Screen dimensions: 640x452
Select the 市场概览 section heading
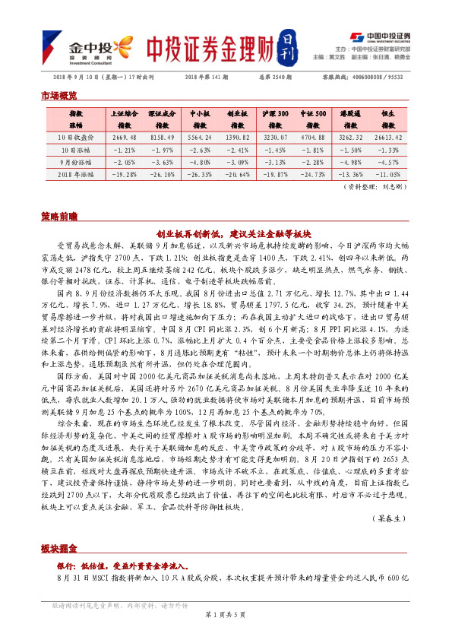58,96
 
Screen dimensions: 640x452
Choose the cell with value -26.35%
198,174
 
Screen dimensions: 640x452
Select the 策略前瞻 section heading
58,217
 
